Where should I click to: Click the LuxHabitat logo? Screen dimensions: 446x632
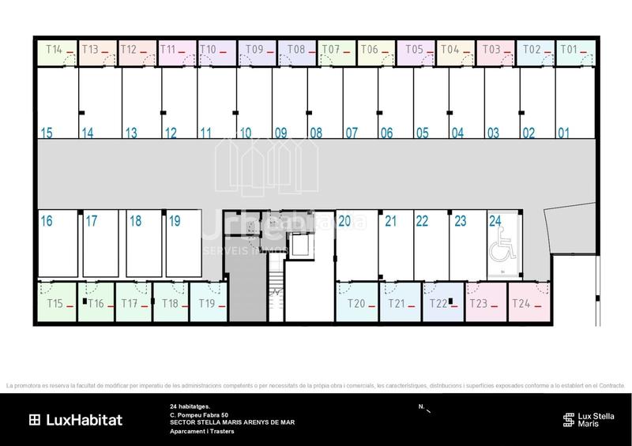click(x=76, y=420)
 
